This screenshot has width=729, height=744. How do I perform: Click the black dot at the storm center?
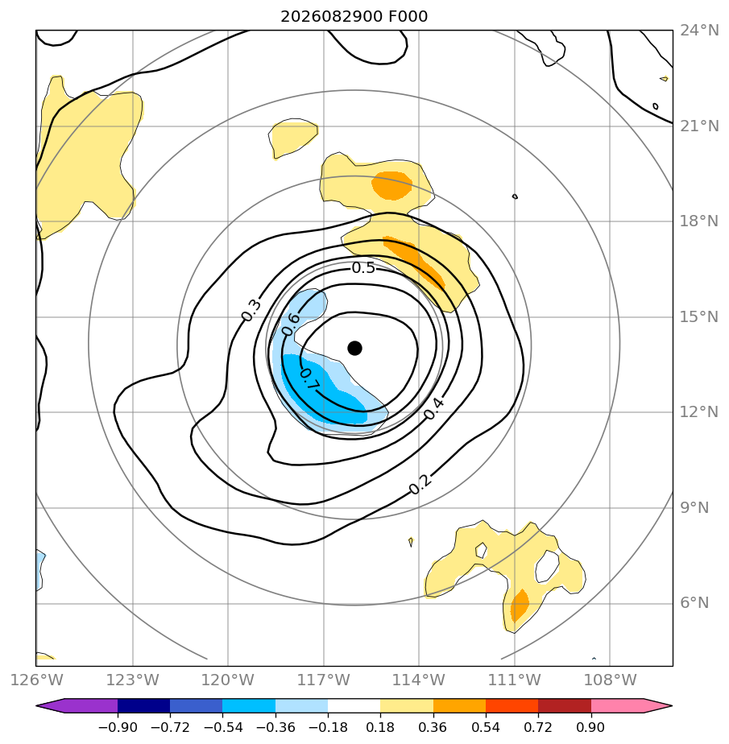tap(354, 349)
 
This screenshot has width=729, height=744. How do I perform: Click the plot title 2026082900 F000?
tap(354, 17)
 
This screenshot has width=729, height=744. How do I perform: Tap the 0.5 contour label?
tap(363, 268)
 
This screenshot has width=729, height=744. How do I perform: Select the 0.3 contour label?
tap(251, 310)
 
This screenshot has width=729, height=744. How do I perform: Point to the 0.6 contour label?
tap(291, 324)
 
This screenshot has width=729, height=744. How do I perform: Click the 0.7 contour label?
tap(309, 379)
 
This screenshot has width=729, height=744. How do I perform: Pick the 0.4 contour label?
tap(434, 408)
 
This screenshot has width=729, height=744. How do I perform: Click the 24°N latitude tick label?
tap(699, 31)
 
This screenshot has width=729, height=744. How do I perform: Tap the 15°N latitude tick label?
tap(699, 317)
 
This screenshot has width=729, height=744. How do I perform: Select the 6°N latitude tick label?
tap(694, 603)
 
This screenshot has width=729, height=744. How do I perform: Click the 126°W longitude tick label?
tap(36, 680)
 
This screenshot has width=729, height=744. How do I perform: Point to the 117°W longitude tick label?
tap(323, 680)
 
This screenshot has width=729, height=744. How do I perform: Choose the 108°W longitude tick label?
tap(610, 680)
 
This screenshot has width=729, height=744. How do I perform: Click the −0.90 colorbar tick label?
tap(118, 727)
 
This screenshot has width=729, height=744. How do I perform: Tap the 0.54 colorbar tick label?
tap(486, 727)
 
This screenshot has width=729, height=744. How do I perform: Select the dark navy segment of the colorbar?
tap(144, 705)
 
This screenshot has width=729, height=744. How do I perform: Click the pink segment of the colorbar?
tap(617, 705)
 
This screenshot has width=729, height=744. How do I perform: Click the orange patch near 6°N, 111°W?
tap(520, 605)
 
